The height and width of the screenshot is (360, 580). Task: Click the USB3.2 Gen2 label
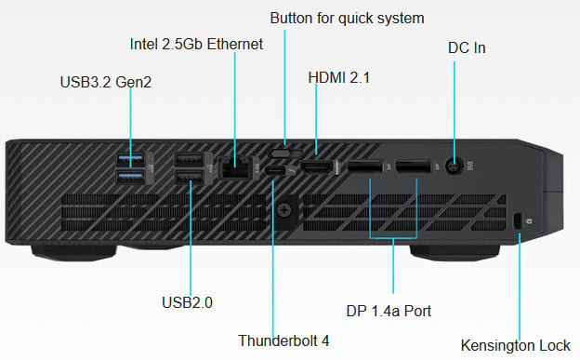[106, 82]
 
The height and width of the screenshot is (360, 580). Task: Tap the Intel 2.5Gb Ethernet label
[196, 44]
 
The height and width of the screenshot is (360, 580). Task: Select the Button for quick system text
[347, 19]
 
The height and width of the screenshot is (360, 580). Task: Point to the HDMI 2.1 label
[339, 78]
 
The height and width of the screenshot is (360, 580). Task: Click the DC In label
[467, 47]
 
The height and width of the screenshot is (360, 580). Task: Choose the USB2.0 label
[187, 302]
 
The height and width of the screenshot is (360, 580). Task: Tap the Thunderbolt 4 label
[283, 340]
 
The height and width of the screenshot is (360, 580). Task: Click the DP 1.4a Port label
[389, 311]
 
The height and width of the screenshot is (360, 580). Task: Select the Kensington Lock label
[515, 345]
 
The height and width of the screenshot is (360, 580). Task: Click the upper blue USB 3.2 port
[130, 159]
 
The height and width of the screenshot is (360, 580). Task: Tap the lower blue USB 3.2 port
[130, 177]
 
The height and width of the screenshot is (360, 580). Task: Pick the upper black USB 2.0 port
[189, 160]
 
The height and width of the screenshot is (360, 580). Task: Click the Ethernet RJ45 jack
[235, 168]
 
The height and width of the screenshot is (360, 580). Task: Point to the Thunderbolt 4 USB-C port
[275, 171]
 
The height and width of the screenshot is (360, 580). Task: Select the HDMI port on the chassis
[317, 167]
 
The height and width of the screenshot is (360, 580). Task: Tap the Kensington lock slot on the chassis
[517, 221]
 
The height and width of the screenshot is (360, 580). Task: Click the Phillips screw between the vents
[284, 210]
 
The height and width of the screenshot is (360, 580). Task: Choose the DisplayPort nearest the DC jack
[414, 167]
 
